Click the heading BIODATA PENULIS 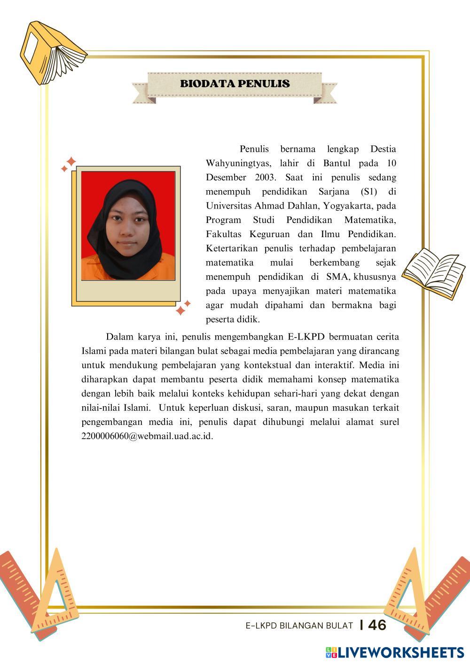click(235, 84)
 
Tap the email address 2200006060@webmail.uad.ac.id click(147, 436)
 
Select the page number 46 click(377, 625)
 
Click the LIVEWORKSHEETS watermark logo click(394, 652)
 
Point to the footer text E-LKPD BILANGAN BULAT click(299, 625)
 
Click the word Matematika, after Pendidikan click(370, 220)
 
